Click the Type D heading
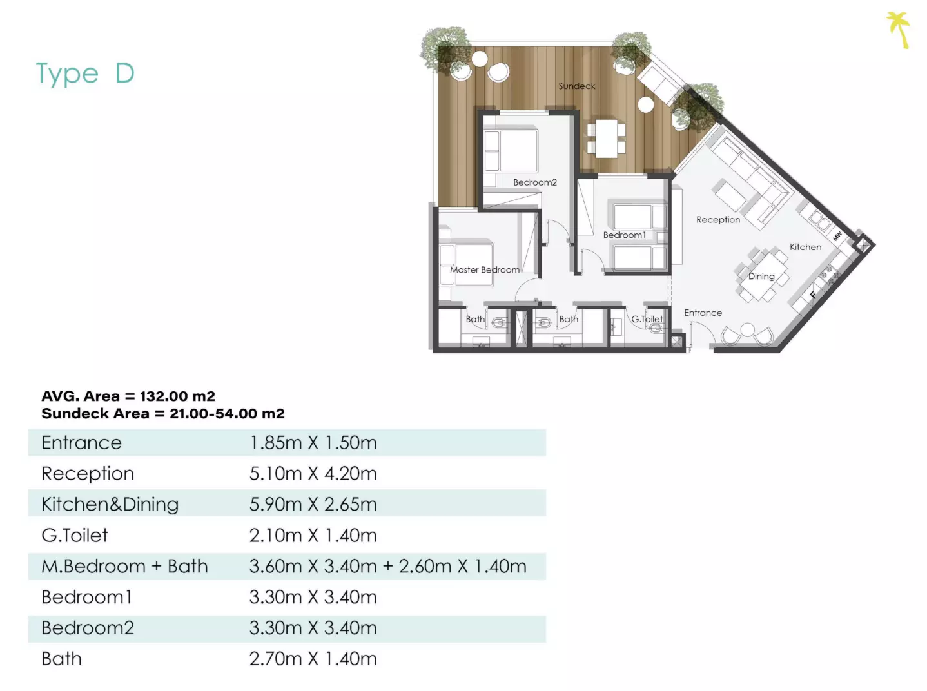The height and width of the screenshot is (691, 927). tap(85, 74)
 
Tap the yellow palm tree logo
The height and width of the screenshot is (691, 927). tap(898, 30)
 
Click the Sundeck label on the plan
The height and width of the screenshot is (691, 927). tap(576, 86)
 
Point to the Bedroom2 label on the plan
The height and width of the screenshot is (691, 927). tap(534, 182)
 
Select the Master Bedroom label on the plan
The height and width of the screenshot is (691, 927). tap(484, 269)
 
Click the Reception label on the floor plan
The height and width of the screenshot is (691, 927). tap(718, 220)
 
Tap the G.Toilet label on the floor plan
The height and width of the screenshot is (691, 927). tap(647, 319)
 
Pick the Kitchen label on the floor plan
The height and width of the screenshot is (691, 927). tap(805, 247)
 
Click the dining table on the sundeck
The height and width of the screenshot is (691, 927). tap(606, 139)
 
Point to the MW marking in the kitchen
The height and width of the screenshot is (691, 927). tap(837, 236)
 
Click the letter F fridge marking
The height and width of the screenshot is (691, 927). tap(813, 295)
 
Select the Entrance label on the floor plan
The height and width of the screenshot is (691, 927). tap(703, 313)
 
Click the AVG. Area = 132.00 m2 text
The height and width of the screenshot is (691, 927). tap(128, 396)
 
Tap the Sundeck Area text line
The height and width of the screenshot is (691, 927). tap(163, 413)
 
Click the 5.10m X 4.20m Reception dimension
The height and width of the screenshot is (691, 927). tap(313, 473)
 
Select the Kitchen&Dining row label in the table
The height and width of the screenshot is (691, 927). tap(110, 505)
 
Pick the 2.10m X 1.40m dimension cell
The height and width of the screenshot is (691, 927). tap(313, 535)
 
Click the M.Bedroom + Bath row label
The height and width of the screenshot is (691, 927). tap(124, 566)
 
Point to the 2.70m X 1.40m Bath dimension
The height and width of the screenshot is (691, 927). tap(313, 659)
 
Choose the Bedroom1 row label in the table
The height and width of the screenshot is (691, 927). tap(86, 597)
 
